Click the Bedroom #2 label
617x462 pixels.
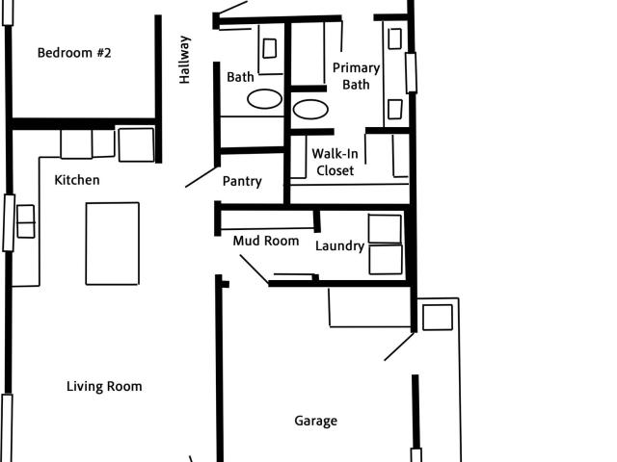point(74,53)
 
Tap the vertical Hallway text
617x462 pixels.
point(185,60)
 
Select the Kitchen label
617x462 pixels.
point(76,180)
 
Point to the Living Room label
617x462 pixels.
point(104,387)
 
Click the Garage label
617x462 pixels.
point(315,421)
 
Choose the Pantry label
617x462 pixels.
point(242,181)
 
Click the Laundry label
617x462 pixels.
point(339,246)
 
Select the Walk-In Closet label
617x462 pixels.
point(333,162)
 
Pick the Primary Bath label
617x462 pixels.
point(356,76)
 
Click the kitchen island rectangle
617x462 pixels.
point(112,243)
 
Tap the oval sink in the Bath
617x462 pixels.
point(265,98)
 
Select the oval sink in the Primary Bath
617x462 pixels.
point(310,109)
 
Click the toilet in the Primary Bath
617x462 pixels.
point(394,38)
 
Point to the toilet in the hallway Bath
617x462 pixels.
point(270,47)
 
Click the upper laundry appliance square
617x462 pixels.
point(385,229)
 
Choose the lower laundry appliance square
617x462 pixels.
point(386,260)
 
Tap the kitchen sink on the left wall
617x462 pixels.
point(25,221)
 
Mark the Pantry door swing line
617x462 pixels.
point(201,176)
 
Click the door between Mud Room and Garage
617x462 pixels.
point(254,269)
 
